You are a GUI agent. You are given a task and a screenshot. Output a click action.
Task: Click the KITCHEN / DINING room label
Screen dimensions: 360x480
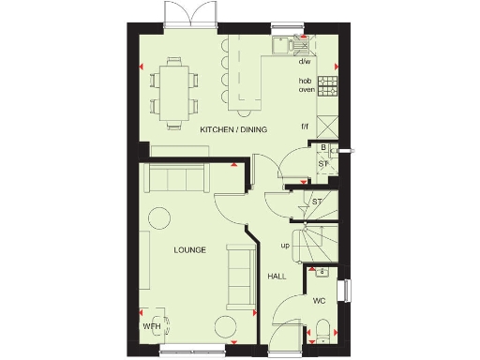coord(230,131)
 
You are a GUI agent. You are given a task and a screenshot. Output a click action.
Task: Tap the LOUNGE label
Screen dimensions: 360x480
coord(189,249)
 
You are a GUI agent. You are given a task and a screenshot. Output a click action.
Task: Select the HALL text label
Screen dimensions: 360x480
coord(277,277)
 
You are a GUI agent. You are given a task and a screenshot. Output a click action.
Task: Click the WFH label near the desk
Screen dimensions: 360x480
coord(152,326)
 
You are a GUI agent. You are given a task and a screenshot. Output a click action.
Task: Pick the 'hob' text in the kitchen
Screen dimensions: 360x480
coord(305,80)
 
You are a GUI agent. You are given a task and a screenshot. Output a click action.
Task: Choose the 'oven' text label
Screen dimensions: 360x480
coord(306,90)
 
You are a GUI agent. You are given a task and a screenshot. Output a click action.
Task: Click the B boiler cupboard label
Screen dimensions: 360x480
coord(323,148)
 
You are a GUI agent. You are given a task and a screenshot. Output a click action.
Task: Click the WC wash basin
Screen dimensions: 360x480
coord(322,273)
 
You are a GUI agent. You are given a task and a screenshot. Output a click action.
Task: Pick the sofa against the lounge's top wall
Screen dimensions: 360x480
coord(174,177)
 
